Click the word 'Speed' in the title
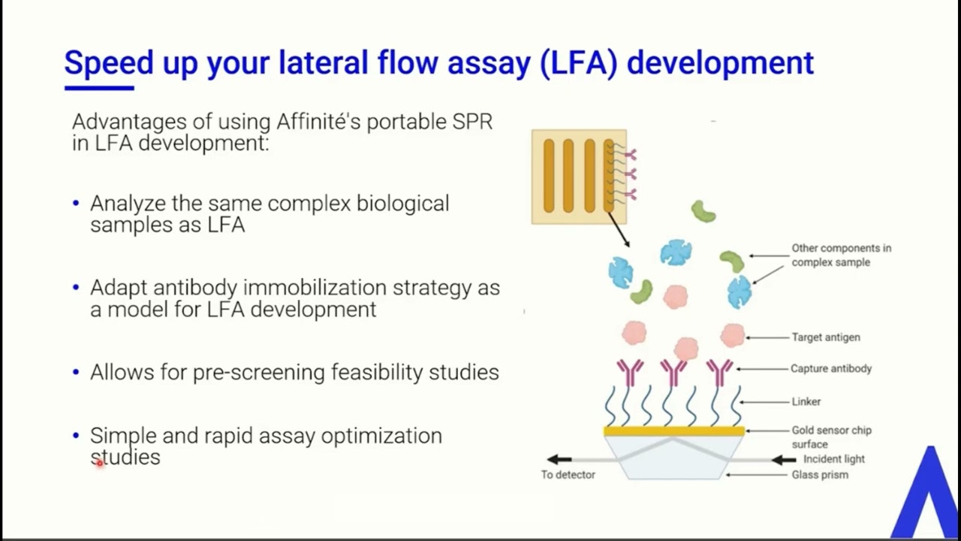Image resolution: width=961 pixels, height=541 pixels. tap(108, 63)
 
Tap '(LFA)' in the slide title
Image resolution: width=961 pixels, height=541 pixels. tap(578, 63)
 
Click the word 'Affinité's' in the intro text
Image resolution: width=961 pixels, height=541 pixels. tap(318, 122)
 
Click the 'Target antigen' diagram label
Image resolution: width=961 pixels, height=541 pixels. tap(826, 337)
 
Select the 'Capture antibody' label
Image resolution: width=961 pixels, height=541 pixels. tap(831, 369)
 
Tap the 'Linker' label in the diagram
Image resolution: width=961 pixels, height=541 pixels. tap(806, 402)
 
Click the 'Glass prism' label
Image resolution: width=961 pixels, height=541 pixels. tap(820, 475)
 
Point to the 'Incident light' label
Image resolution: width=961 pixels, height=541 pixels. tap(833, 459)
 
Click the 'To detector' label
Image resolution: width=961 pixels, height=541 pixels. tap(568, 475)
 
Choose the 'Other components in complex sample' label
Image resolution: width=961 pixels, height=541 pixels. tap(841, 255)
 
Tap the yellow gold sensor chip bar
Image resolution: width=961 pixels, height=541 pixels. tap(674, 431)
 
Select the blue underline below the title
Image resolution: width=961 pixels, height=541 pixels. tap(99, 89)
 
